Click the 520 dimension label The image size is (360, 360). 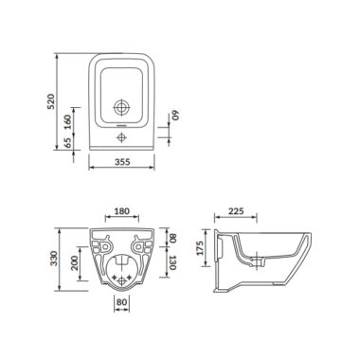tap(51, 101)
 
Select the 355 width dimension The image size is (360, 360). tap(122, 162)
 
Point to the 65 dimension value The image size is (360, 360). tap(68, 143)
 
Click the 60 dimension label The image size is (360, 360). tap(175, 115)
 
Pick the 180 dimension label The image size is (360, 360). tap(122, 211)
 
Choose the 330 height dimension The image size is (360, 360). tap(54, 259)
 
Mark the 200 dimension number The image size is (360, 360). tap(74, 262)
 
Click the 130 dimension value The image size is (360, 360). tap(171, 262)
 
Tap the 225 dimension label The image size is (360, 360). tap(236, 211)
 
